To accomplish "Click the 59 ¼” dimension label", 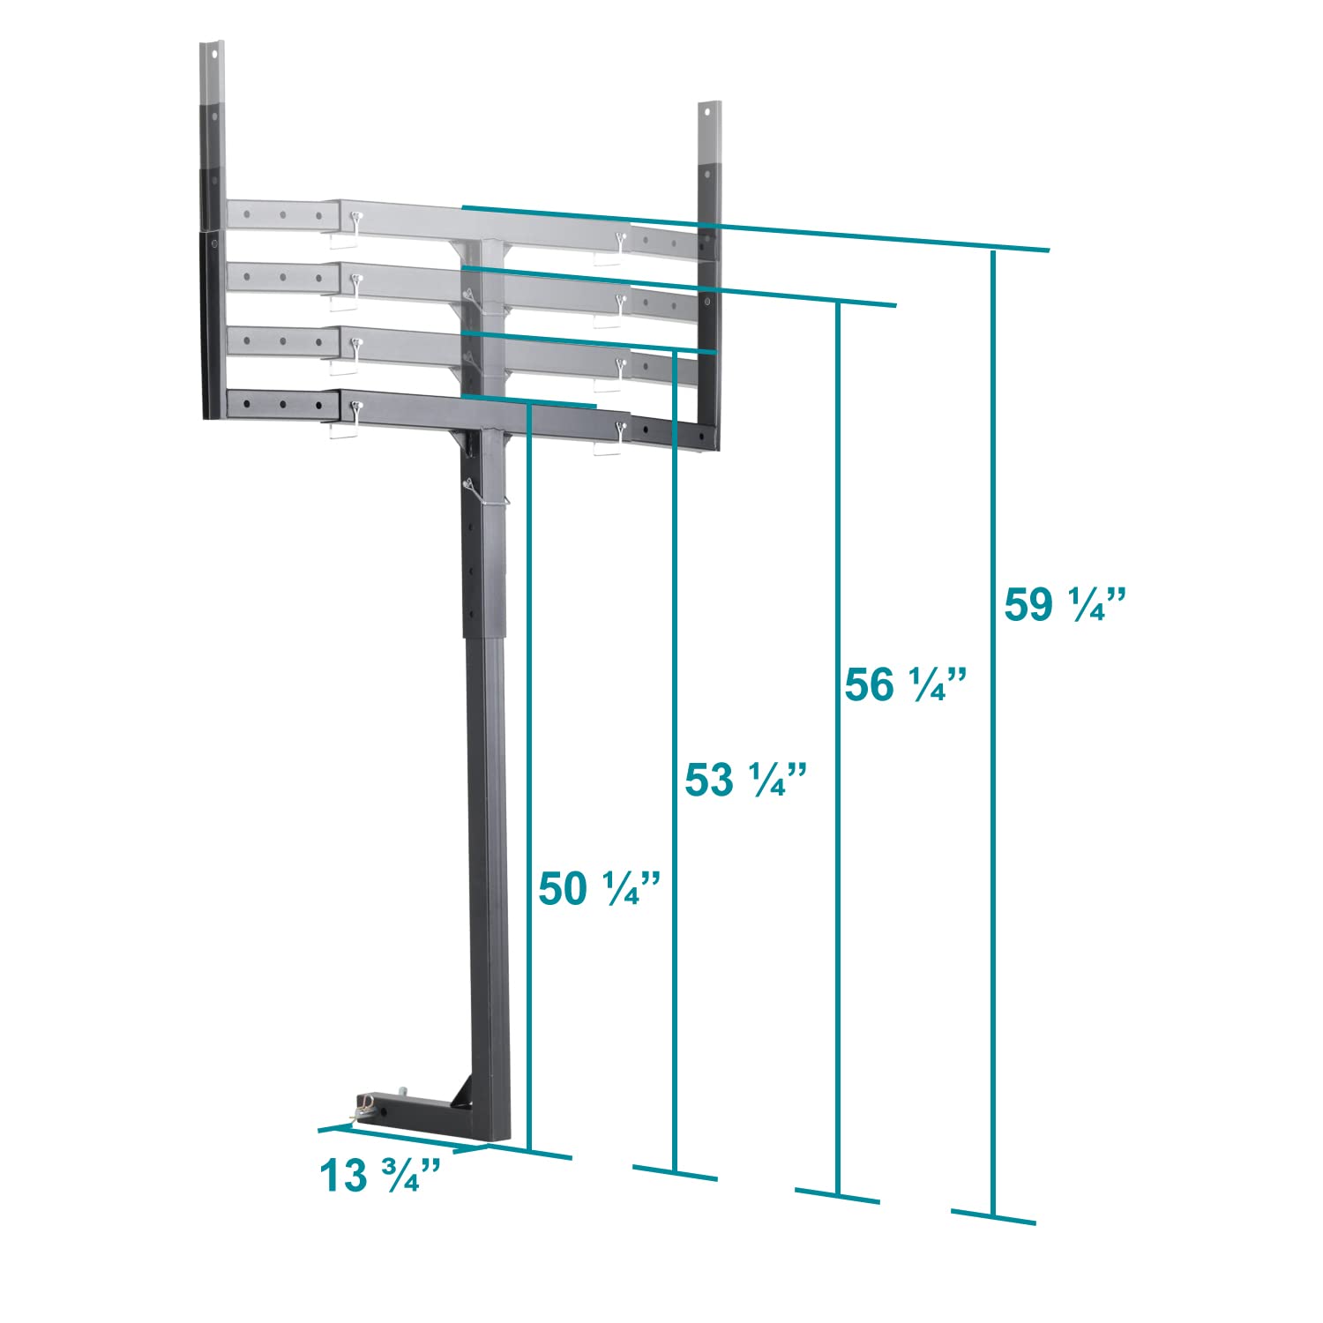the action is pyautogui.click(x=1065, y=605).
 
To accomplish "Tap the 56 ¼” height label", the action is pyautogui.click(x=906, y=684).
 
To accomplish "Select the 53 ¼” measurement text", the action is pyautogui.click(x=746, y=780).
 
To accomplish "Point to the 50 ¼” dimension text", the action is pyautogui.click(x=600, y=888).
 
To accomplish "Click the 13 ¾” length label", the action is pyautogui.click(x=380, y=1175).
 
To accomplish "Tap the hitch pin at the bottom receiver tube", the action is pyautogui.click(x=364, y=1108).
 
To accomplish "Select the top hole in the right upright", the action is pyautogui.click(x=708, y=112).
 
